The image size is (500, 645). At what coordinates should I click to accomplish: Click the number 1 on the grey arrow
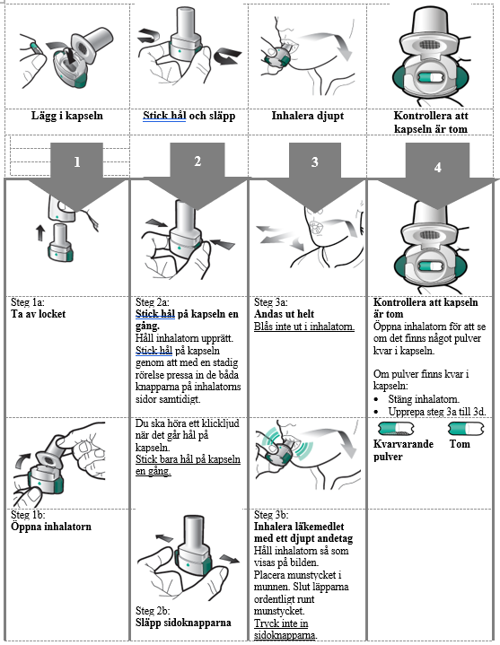pyautogui.click(x=77, y=162)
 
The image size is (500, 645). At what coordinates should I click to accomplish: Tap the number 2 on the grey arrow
pyautogui.click(x=197, y=161)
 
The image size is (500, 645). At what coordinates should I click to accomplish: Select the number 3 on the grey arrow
pyautogui.click(x=315, y=162)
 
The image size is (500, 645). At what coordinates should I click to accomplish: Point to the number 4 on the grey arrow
pyautogui.click(x=437, y=168)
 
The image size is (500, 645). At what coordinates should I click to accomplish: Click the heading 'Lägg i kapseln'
pyautogui.click(x=67, y=116)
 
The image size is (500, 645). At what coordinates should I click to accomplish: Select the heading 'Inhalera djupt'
pyautogui.click(x=308, y=116)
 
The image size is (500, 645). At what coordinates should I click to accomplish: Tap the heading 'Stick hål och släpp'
pyautogui.click(x=189, y=116)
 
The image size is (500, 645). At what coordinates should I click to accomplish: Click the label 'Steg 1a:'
pyautogui.click(x=28, y=302)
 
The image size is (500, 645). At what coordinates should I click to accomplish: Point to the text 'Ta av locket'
pyautogui.click(x=39, y=314)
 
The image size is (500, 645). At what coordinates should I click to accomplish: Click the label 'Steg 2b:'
pyautogui.click(x=153, y=610)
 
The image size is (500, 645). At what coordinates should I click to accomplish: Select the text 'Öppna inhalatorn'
pyautogui.click(x=51, y=527)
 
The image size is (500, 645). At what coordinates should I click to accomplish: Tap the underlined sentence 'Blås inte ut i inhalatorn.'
pyautogui.click(x=304, y=327)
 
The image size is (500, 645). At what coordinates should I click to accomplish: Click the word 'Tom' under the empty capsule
pyautogui.click(x=460, y=444)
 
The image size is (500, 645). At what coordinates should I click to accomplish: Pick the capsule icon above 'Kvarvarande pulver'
pyautogui.click(x=396, y=429)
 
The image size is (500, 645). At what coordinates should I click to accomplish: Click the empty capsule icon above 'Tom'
pyautogui.click(x=466, y=429)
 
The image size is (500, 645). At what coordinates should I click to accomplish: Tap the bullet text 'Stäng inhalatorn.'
pyautogui.click(x=424, y=399)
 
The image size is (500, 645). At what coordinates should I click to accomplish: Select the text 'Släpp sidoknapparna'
pyautogui.click(x=183, y=623)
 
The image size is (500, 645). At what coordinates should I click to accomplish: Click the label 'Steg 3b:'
pyautogui.click(x=271, y=515)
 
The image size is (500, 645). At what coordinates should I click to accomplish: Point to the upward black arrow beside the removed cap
pyautogui.click(x=40, y=232)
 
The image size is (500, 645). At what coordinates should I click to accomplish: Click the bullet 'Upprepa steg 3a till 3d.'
pyautogui.click(x=437, y=412)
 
